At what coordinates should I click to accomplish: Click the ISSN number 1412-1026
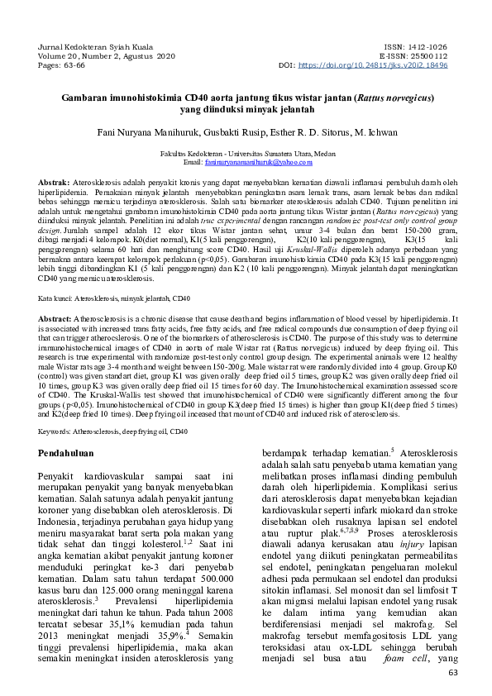[x=427, y=47]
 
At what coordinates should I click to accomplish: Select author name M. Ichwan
[x=375, y=131]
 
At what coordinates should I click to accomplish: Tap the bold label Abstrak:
[x=55, y=181]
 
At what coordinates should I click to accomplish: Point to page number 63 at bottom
[x=451, y=673]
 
